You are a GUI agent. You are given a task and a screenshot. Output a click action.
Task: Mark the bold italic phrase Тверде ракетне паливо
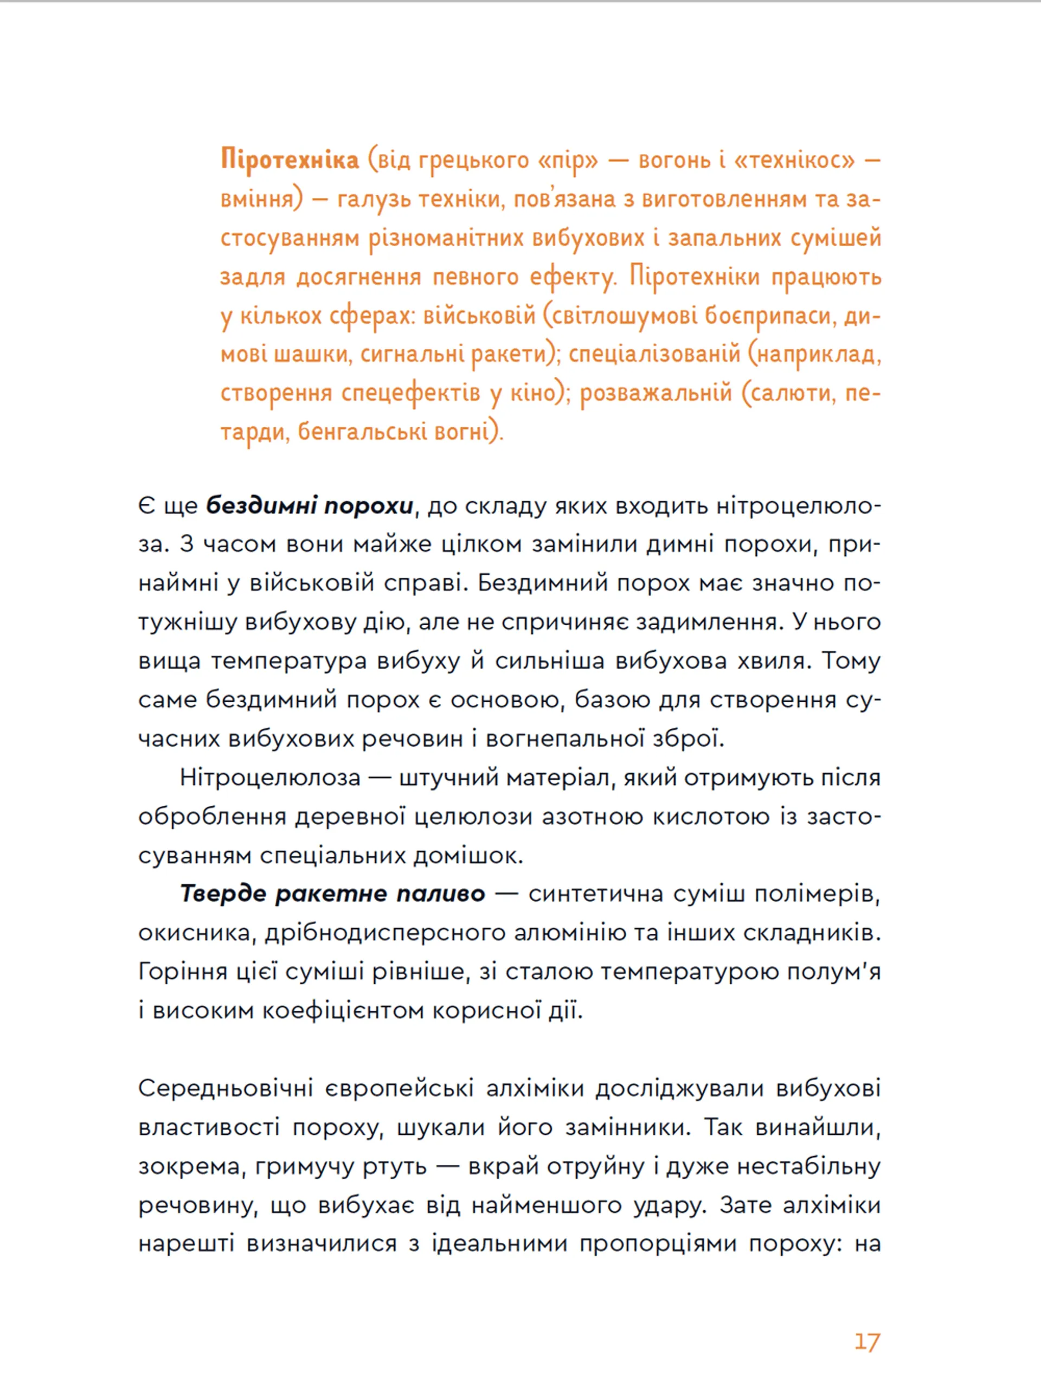point(332,894)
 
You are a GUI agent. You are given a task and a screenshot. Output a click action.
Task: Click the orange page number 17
point(866,1342)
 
